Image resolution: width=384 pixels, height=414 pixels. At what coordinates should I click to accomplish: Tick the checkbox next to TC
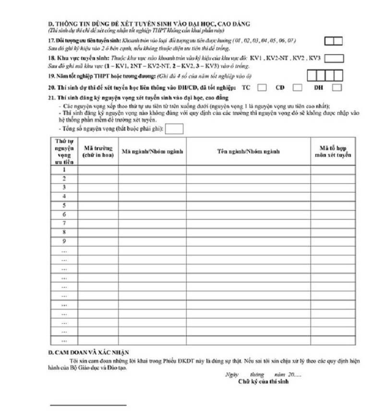click(x=262, y=88)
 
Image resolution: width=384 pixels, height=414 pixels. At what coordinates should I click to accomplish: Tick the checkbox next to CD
click(x=298, y=88)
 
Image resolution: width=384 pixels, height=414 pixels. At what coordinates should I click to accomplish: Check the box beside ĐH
click(x=337, y=88)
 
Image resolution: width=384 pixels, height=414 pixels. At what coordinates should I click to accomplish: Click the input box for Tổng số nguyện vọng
click(x=174, y=129)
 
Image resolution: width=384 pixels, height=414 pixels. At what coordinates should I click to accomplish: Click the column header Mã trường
click(x=98, y=152)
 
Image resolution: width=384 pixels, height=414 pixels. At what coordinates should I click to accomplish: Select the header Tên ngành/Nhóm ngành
click(x=248, y=152)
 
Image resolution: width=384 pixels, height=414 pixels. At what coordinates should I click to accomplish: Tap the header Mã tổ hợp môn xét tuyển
click(x=333, y=152)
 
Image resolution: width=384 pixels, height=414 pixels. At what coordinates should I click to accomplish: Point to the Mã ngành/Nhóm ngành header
click(x=153, y=152)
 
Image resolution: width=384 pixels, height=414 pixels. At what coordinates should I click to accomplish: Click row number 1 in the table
click(x=64, y=170)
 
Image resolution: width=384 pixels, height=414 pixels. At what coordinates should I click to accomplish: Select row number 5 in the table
click(x=64, y=205)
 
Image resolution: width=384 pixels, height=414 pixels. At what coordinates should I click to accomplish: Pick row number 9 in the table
click(x=64, y=241)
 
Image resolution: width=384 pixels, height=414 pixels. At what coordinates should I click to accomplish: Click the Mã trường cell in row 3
click(x=98, y=188)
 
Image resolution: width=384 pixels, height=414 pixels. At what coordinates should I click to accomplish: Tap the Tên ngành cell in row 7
click(x=248, y=223)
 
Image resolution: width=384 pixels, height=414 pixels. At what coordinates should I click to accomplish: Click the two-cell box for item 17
click(x=333, y=41)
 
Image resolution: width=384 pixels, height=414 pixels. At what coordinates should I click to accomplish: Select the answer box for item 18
click(x=335, y=59)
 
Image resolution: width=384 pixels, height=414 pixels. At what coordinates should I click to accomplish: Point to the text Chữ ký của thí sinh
click(x=263, y=382)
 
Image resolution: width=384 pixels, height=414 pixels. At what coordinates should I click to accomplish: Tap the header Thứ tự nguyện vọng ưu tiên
click(x=64, y=152)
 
